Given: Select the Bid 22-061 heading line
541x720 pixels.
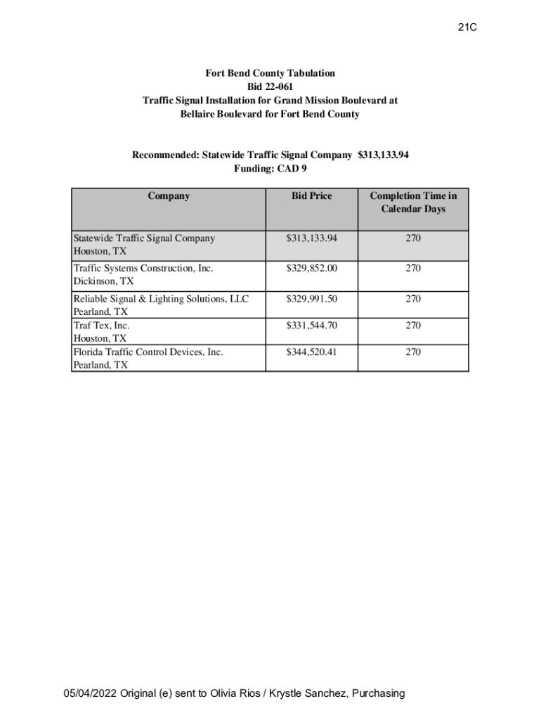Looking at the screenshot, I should pos(270,86).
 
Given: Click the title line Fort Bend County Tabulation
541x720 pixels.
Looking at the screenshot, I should pos(270,73).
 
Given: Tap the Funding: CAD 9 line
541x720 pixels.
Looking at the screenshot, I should pos(270,169).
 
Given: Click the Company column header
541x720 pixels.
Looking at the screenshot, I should pos(169,196).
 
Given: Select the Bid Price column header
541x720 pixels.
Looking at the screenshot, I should pos(311,196).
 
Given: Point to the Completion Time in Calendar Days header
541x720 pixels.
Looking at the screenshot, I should pos(413,202).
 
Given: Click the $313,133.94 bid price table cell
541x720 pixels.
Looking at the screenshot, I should pos(311,238).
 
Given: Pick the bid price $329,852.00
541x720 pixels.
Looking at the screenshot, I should pos(311,268).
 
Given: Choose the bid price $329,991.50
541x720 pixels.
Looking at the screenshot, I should pos(311,299).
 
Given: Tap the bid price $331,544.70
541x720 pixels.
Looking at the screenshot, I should pos(311,326).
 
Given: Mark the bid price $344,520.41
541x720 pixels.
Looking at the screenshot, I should pos(311,352).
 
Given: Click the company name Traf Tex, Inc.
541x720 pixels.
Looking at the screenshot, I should pos(102,326).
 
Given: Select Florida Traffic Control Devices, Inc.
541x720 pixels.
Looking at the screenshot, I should pos(148,352).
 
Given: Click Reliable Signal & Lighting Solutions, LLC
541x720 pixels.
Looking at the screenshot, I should pos(161,299).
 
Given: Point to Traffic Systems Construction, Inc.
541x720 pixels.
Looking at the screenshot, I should pos(143,268).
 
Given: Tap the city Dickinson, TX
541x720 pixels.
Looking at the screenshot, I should pos(103,281).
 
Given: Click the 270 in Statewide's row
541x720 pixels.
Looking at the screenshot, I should pos(413,238).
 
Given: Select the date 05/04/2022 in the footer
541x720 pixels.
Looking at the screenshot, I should pos(90,693).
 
